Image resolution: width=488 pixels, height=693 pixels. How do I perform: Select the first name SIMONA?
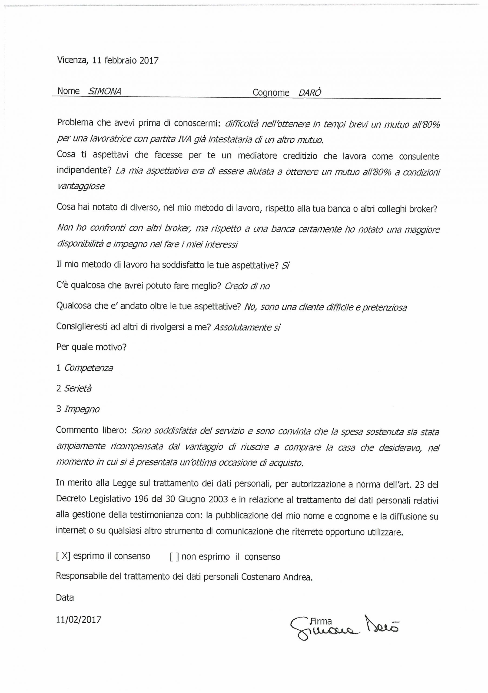pos(104,91)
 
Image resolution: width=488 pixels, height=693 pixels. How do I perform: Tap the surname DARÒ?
pos(310,93)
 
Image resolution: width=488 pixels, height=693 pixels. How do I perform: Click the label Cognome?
pos(271,93)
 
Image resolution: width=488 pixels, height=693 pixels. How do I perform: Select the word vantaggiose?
pos(81,186)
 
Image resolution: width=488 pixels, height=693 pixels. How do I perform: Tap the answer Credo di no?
pos(247,286)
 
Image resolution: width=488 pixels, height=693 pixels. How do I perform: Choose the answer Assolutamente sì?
pos(247,328)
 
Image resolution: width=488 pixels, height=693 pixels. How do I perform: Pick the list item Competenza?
pos(89,368)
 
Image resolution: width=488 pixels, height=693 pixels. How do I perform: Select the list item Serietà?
pos(78,388)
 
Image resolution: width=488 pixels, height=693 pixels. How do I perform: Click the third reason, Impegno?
pos(82,409)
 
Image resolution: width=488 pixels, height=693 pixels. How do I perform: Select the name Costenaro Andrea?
pos(277,577)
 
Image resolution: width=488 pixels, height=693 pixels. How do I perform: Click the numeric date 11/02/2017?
pos(78,620)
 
